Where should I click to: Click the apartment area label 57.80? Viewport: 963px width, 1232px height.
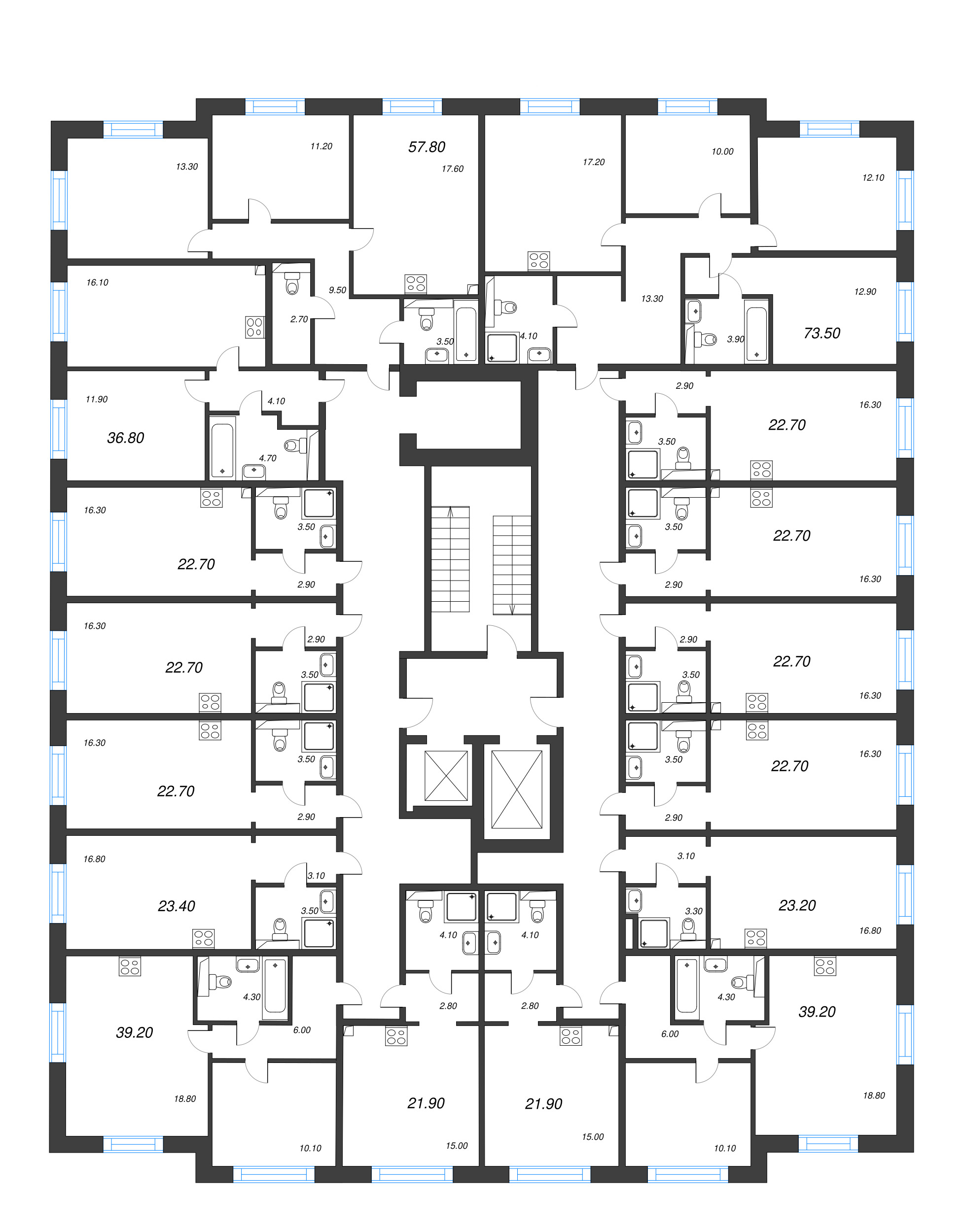[427, 147]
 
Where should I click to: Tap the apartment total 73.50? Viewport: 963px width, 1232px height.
[822, 334]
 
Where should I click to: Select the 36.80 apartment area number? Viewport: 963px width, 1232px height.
[125, 438]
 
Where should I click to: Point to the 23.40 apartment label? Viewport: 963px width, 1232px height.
[176, 906]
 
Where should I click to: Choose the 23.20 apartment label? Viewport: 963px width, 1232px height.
[797, 905]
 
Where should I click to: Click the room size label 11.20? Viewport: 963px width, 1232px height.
[321, 146]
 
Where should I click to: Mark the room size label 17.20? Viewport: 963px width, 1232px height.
[593, 162]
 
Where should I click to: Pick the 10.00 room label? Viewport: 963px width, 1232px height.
[722, 151]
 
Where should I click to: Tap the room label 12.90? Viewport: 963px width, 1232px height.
[865, 292]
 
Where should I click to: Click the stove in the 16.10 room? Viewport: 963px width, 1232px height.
[254, 327]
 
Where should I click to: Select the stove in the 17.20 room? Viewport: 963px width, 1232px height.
[538, 261]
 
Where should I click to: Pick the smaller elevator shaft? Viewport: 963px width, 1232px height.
[446, 776]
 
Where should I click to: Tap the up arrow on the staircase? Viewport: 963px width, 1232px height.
[450, 512]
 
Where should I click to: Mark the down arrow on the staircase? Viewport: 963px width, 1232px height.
[512, 609]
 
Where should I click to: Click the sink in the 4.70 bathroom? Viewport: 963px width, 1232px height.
[254, 470]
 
